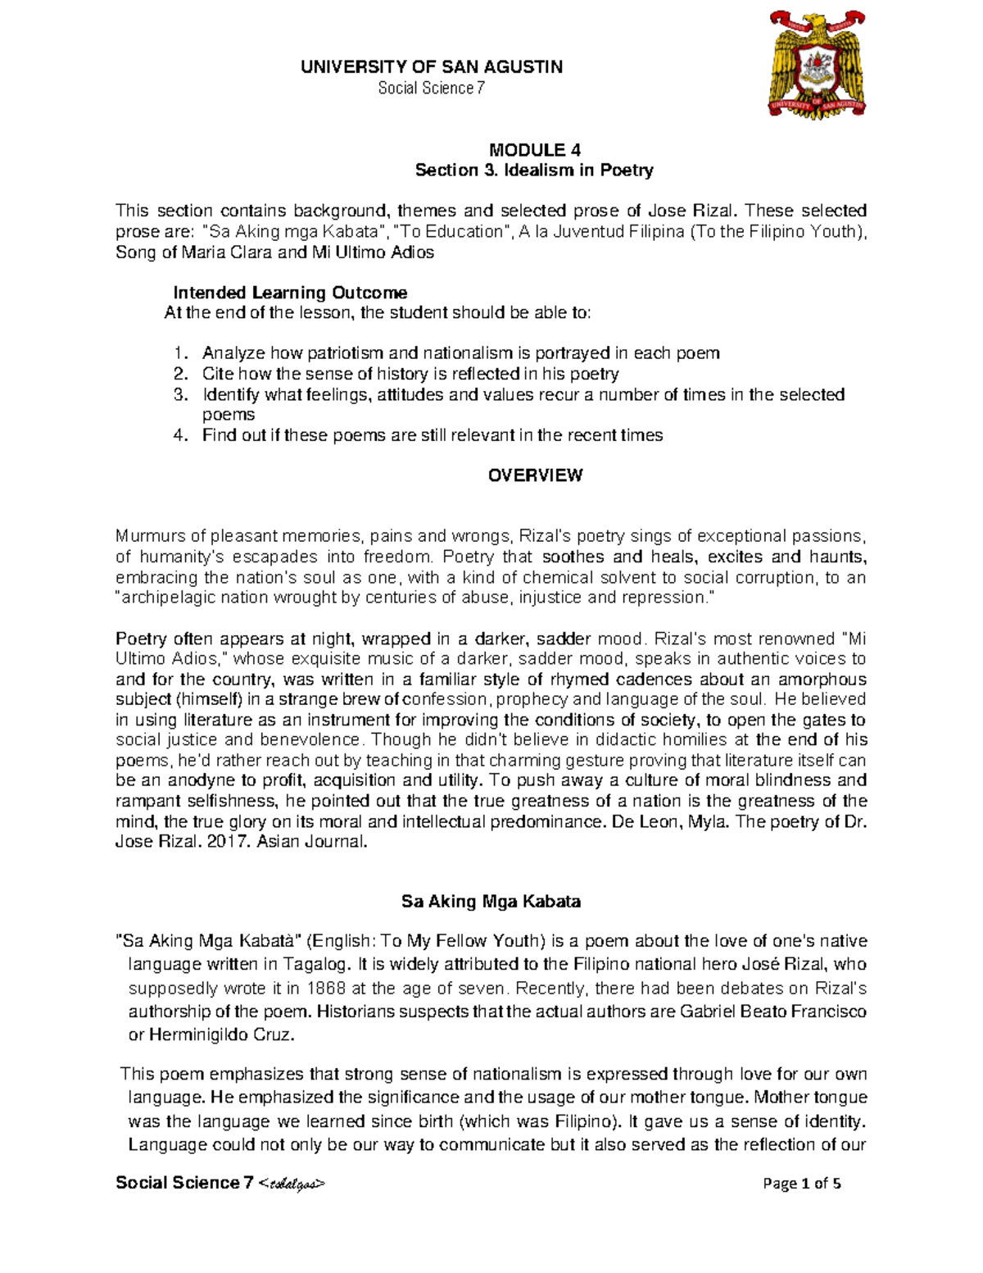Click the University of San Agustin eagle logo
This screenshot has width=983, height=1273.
pyautogui.click(x=817, y=66)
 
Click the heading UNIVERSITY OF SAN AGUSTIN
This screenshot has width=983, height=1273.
pyautogui.click(x=432, y=67)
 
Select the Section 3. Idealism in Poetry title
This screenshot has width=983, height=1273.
pyautogui.click(x=534, y=170)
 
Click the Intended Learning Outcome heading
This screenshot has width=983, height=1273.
pyautogui.click(x=290, y=293)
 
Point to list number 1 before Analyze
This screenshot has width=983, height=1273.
pyautogui.click(x=180, y=353)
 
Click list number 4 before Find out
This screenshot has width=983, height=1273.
pyautogui.click(x=180, y=435)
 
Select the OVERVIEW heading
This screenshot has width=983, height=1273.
pyautogui.click(x=535, y=475)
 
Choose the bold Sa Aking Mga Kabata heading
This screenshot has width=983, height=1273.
pyautogui.click(x=491, y=902)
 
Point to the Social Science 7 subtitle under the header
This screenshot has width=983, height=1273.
pyautogui.click(x=432, y=88)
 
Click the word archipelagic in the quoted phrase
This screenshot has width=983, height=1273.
pyautogui.click(x=167, y=598)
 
